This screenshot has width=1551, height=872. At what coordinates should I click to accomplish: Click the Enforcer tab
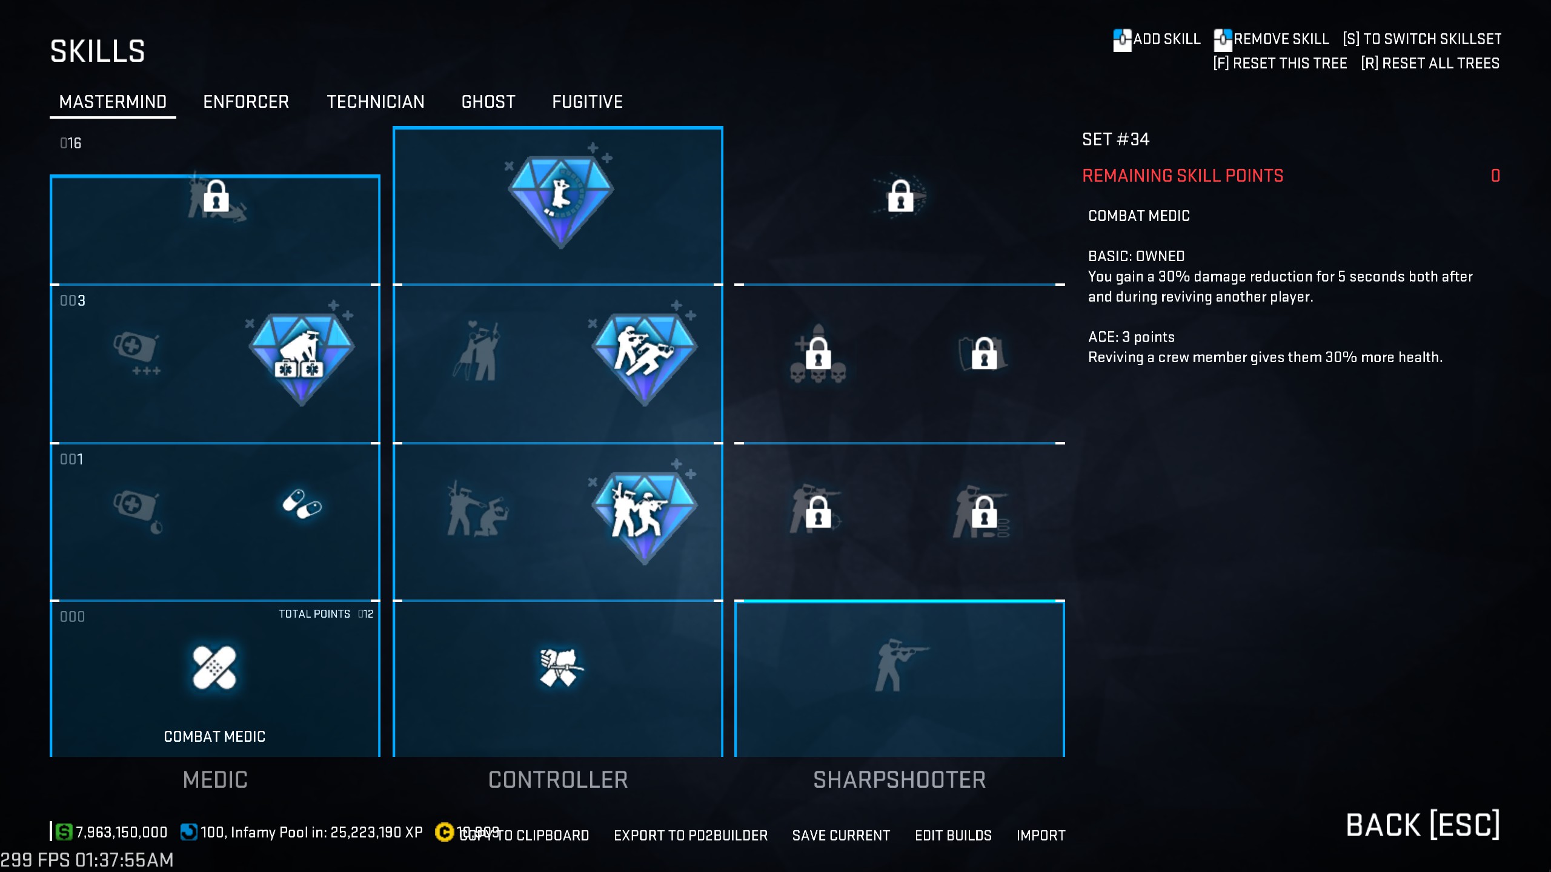pyautogui.click(x=246, y=102)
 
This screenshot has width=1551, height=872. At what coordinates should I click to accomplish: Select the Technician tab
pyautogui.click(x=376, y=102)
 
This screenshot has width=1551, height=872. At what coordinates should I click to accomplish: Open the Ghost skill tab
pyautogui.click(x=488, y=102)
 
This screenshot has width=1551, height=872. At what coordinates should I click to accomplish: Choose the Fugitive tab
pyautogui.click(x=587, y=102)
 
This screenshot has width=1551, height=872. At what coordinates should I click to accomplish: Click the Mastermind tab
pyautogui.click(x=113, y=102)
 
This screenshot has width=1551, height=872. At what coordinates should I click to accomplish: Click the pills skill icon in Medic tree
pyautogui.click(x=302, y=504)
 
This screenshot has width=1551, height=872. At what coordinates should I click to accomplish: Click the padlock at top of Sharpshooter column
pyautogui.click(x=900, y=196)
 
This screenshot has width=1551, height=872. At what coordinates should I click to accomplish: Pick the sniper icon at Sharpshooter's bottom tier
pyautogui.click(x=899, y=665)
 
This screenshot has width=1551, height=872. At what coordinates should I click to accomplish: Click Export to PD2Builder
pyautogui.click(x=691, y=836)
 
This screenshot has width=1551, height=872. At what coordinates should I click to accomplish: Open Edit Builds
pyautogui.click(x=953, y=836)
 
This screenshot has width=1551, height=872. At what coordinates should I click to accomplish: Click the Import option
pyautogui.click(x=1041, y=836)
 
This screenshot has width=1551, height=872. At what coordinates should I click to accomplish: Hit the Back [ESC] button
pyautogui.click(x=1423, y=825)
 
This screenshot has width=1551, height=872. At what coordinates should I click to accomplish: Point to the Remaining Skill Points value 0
pyautogui.click(x=1495, y=176)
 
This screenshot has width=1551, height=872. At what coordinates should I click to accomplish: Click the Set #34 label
pyautogui.click(x=1115, y=140)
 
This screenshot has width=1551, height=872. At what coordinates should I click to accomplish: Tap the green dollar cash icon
pyautogui.click(x=64, y=832)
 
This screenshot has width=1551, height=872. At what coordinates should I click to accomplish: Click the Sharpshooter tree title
pyautogui.click(x=899, y=780)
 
